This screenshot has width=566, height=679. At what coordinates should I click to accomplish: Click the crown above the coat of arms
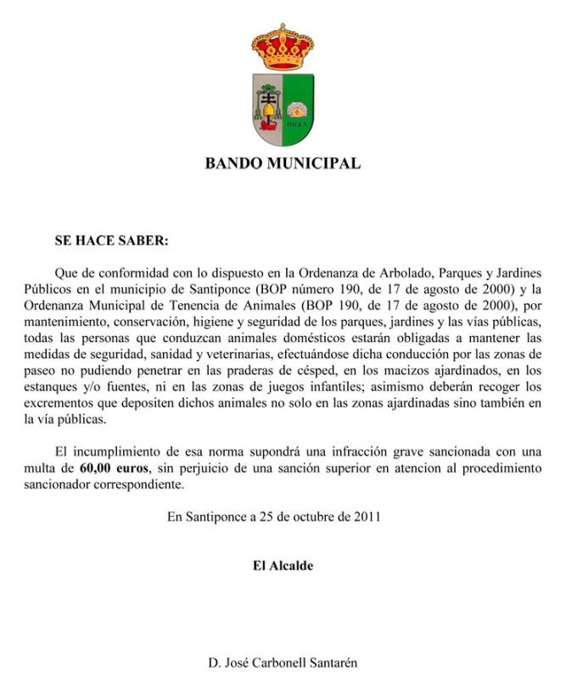pyautogui.click(x=283, y=47)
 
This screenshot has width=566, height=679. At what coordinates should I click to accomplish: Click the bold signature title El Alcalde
pyautogui.click(x=283, y=565)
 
